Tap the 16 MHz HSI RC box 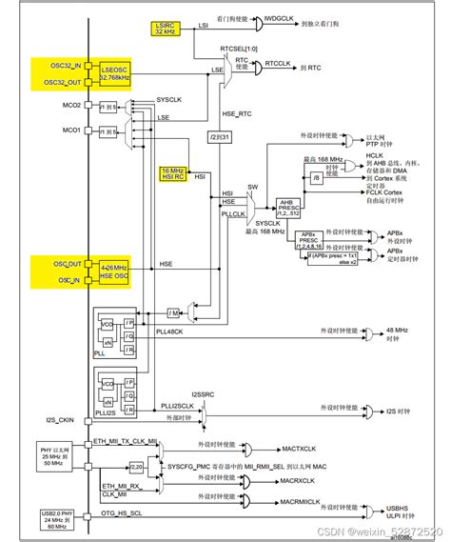coord(174,174)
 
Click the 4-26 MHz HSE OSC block coord(112,272)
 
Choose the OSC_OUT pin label coord(66,264)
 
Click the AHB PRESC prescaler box coord(288,207)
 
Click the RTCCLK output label coord(277,64)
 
